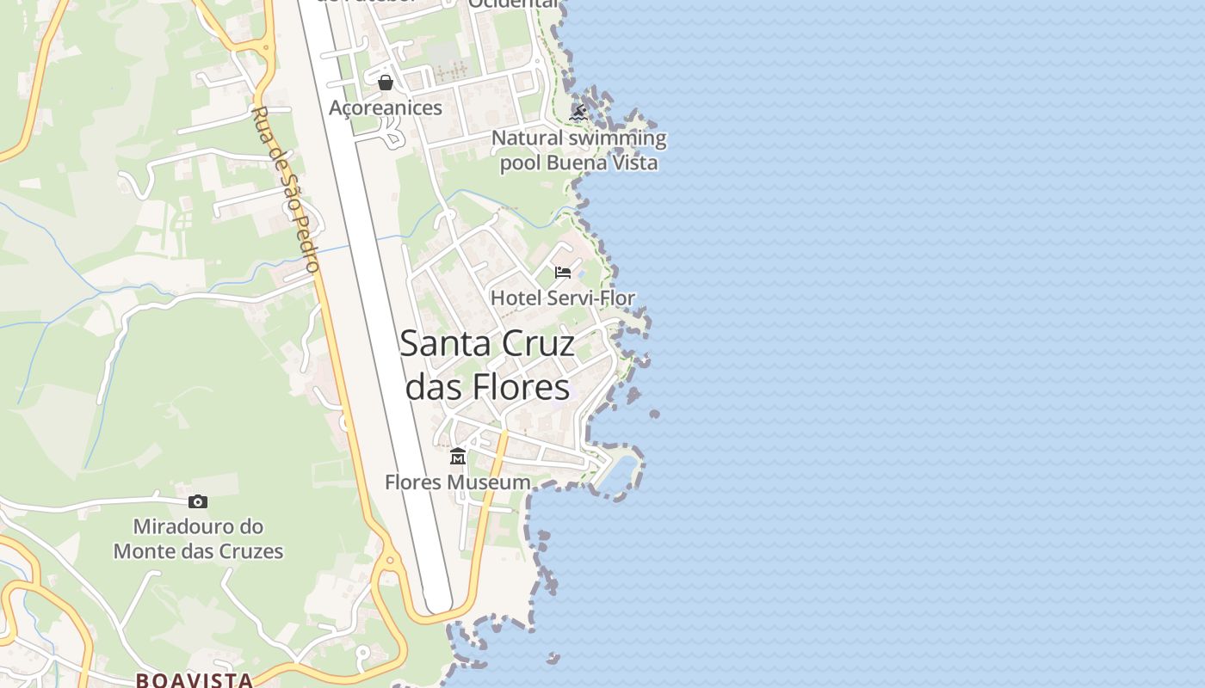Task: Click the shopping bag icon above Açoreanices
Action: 386,83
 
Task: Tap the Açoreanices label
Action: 386,107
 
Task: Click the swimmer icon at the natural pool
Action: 579,113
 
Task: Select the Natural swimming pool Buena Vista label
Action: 578,150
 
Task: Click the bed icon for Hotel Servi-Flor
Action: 563,273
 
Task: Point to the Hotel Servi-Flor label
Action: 563,298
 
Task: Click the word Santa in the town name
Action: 446,344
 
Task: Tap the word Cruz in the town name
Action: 540,344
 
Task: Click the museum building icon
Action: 458,456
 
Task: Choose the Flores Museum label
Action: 458,482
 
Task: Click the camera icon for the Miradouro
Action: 198,501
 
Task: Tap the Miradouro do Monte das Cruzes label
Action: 198,538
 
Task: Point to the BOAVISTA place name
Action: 195,680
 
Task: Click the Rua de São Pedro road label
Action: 287,189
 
